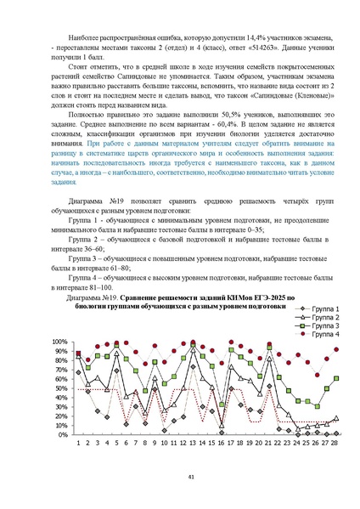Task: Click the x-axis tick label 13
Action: (x=192, y=442)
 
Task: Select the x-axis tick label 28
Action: (x=336, y=442)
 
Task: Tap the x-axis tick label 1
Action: (x=78, y=442)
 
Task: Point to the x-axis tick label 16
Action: (x=221, y=442)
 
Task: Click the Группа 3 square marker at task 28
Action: (x=336, y=378)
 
